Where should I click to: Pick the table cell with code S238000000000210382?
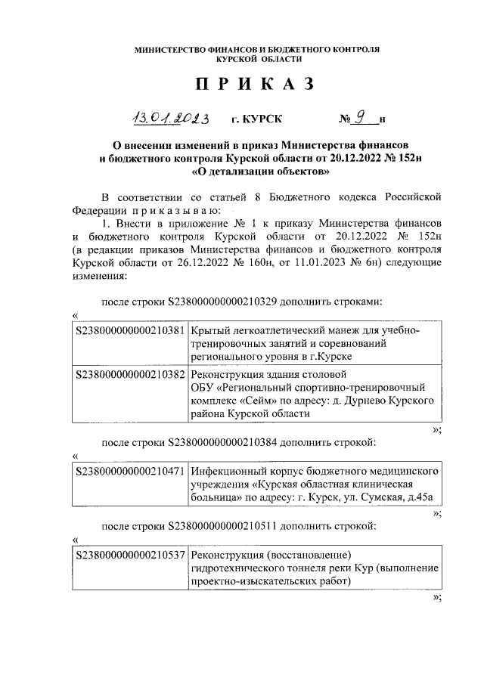(x=132, y=374)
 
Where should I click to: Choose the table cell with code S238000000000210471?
(x=132, y=470)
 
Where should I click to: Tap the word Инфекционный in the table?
(x=225, y=470)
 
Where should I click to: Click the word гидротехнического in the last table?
(x=240, y=569)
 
